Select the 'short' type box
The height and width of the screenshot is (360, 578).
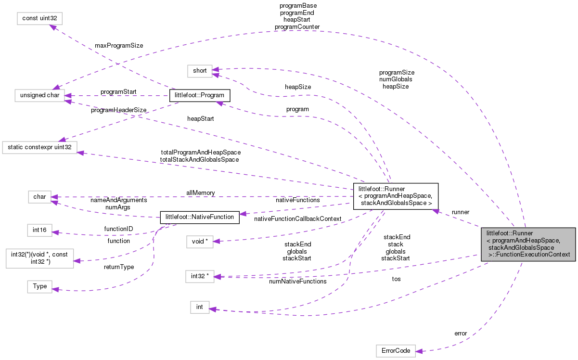[x=199, y=71]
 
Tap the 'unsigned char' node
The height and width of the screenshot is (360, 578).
[x=39, y=95]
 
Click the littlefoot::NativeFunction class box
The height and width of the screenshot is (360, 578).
[x=199, y=217]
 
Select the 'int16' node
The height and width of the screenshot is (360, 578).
[x=39, y=230]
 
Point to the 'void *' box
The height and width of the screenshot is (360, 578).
[x=199, y=241]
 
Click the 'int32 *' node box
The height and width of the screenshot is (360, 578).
[x=199, y=276]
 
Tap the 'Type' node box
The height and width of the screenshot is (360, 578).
[x=39, y=286]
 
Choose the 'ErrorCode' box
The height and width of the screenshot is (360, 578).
[x=395, y=351]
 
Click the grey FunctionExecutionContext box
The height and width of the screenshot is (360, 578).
[x=528, y=244]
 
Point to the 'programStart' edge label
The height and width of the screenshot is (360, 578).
[x=118, y=91]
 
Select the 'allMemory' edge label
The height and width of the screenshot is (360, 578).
[x=201, y=193]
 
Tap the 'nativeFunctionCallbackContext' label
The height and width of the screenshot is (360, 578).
[x=297, y=219]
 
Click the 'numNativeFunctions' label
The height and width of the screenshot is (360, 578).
[x=298, y=281]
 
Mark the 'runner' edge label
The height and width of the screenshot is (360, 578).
[x=460, y=212]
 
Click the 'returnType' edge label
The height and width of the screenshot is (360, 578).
[x=118, y=266]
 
